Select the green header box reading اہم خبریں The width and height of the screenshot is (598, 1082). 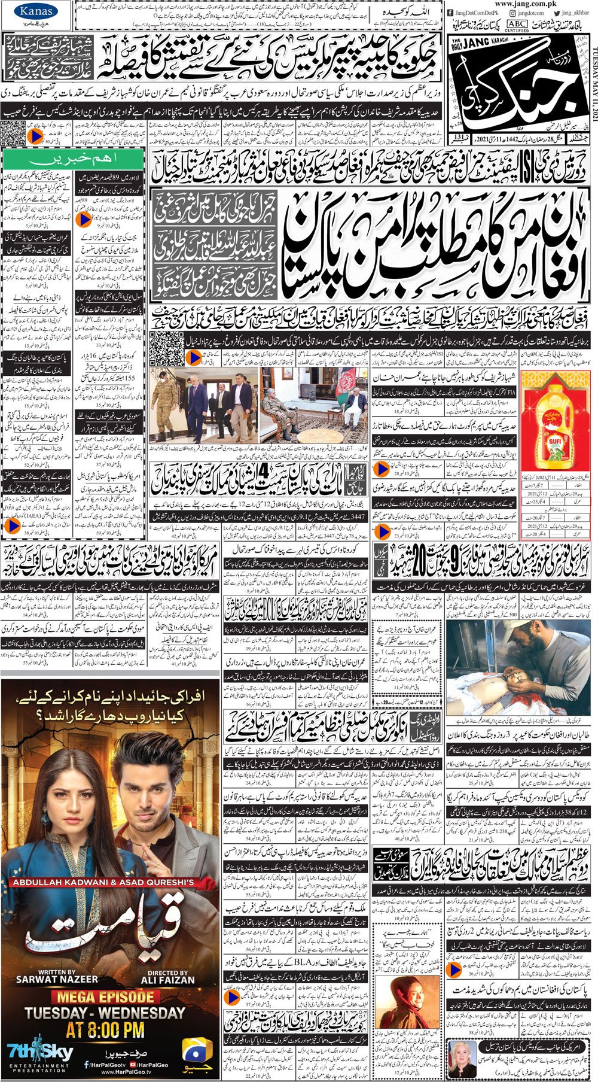[x=72, y=160]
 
